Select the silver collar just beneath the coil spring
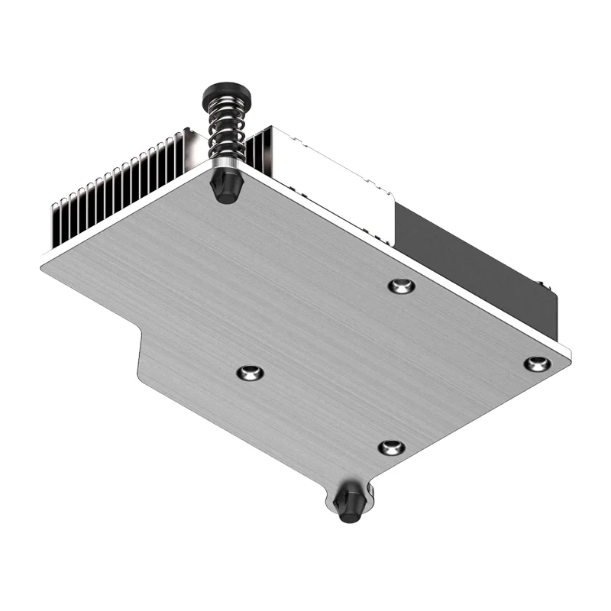(x=225, y=163)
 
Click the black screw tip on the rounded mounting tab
(x=350, y=504)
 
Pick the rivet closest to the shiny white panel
(x=401, y=286)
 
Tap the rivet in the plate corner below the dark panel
(x=537, y=364)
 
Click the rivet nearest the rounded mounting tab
(x=391, y=448)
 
